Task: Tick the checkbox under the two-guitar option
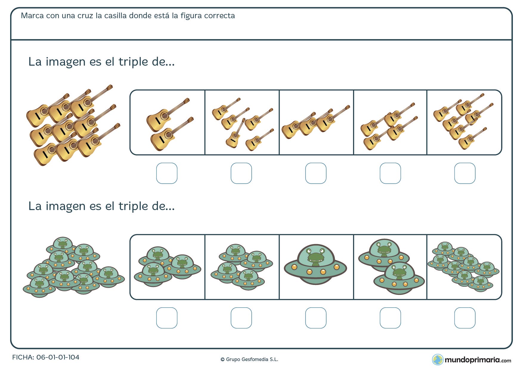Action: [x=167, y=173]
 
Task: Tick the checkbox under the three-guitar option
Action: [x=316, y=173]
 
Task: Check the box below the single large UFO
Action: [x=316, y=318]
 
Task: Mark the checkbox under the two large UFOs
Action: [x=390, y=318]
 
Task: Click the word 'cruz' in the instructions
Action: [x=85, y=16]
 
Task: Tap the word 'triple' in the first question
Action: [x=133, y=62]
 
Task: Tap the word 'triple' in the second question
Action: [x=133, y=206]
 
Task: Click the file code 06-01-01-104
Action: [x=58, y=357]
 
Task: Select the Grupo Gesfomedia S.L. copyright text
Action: [x=249, y=360]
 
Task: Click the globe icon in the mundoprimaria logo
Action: [x=438, y=360]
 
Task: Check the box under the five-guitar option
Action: [x=241, y=173]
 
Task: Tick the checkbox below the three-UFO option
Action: [x=167, y=318]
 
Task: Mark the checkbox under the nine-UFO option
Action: [x=465, y=318]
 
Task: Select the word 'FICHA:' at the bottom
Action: [x=23, y=357]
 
